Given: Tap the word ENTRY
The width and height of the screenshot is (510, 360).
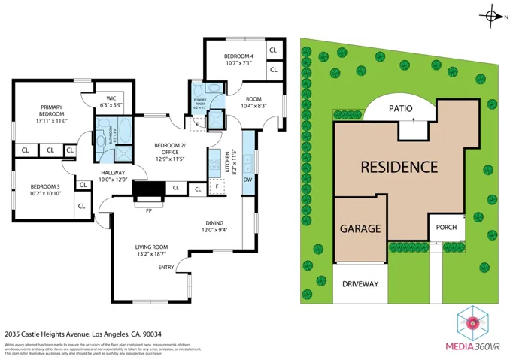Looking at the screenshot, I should [166, 267].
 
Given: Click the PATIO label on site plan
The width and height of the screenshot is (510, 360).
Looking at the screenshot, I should [400, 108].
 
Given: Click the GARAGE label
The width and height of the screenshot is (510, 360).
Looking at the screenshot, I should [360, 228].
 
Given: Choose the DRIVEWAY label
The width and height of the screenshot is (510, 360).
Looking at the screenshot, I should [360, 284].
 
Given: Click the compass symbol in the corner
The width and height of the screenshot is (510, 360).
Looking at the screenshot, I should [493, 14].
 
